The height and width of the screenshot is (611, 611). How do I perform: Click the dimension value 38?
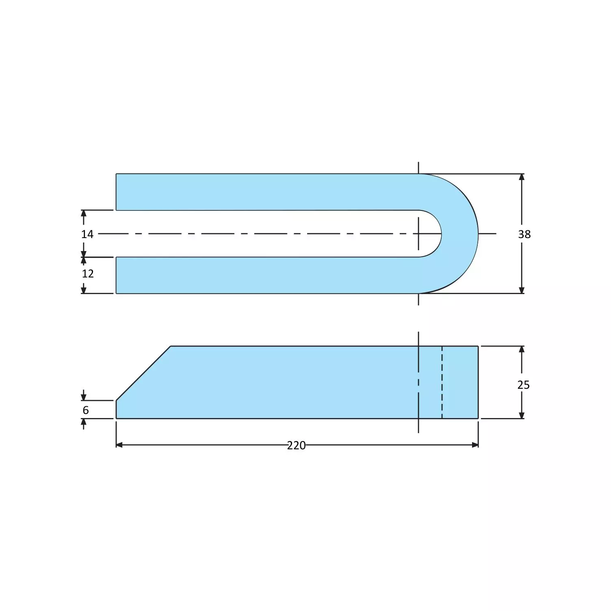(x=524, y=234)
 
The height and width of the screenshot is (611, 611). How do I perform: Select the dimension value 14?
(x=87, y=234)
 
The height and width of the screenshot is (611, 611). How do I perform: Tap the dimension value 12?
(x=88, y=274)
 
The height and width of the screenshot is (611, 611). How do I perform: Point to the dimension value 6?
(x=86, y=410)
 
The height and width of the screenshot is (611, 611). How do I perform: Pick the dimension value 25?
(x=523, y=385)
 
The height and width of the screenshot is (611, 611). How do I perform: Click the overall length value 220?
(x=296, y=446)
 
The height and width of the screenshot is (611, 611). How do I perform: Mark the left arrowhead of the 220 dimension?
(x=119, y=445)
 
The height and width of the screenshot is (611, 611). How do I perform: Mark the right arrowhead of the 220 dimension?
(x=475, y=445)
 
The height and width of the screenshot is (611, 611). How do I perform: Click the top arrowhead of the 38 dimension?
(x=522, y=177)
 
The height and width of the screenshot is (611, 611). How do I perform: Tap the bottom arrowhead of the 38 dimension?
(x=522, y=290)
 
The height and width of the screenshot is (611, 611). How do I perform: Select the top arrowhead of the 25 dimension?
(x=522, y=349)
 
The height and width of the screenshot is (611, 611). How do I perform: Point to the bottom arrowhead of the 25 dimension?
(x=522, y=415)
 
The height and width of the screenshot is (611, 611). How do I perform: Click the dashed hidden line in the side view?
(x=442, y=382)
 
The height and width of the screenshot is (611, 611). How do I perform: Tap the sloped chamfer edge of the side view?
(x=143, y=373)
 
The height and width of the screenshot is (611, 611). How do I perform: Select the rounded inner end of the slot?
(x=440, y=234)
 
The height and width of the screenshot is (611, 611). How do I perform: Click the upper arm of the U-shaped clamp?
(x=264, y=192)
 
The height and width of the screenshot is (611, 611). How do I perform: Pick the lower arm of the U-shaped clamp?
(x=264, y=275)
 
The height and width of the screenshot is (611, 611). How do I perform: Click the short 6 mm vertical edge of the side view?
(x=116, y=409)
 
